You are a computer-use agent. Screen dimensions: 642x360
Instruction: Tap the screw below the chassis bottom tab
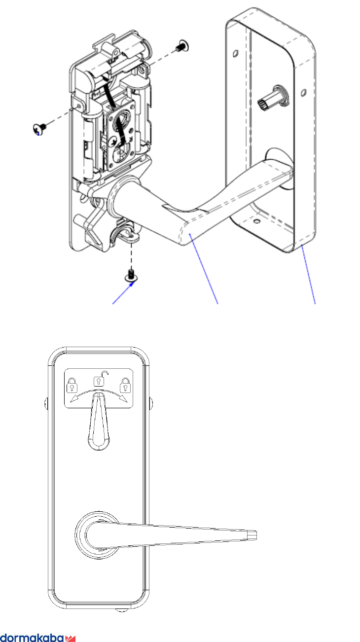pos(132,276)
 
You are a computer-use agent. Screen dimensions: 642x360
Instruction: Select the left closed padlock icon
pos(72,383)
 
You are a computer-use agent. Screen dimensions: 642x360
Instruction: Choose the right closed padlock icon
pos(125,383)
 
